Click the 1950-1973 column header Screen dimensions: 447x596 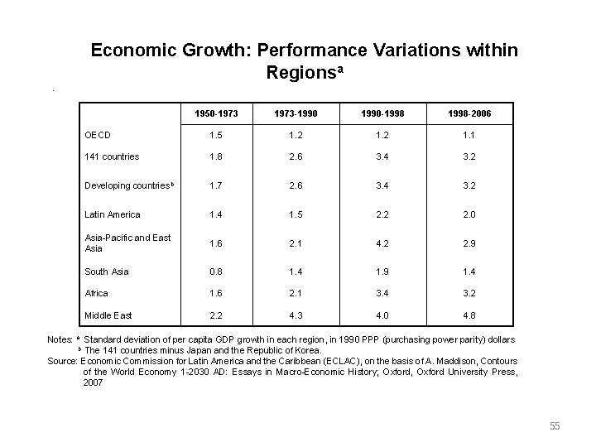pos(213,111)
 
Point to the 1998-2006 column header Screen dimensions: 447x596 pos(470,111)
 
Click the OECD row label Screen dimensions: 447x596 pos(98,135)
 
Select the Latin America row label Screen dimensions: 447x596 pos(113,214)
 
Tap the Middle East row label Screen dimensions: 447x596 pos(108,315)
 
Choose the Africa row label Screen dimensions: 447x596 pos(97,293)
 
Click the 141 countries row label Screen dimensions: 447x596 pos(112,157)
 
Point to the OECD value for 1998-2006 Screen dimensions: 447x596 pos(470,135)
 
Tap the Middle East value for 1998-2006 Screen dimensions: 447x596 pos(470,315)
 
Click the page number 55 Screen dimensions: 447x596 pos(555,426)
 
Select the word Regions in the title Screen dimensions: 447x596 pos(300,73)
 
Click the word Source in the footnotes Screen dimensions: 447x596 pos(63,362)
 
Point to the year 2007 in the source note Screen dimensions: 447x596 pos(94,383)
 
